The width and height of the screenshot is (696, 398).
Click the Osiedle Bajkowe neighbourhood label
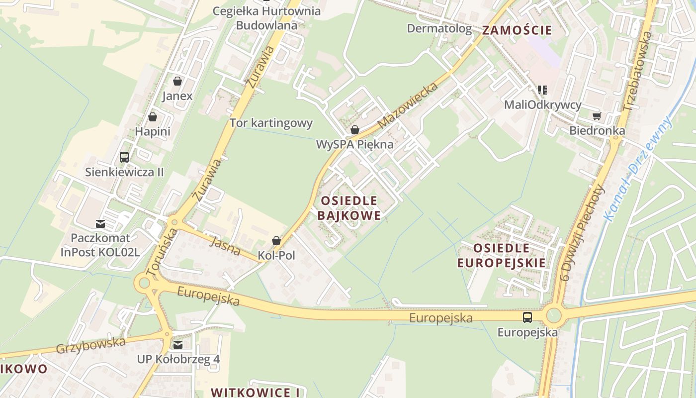pyautogui.click(x=350, y=208)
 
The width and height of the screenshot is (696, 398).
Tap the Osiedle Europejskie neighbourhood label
pyautogui.click(x=501, y=255)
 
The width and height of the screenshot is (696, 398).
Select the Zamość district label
pyautogui.click(x=517, y=30)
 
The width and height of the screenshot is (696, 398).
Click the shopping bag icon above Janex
pyautogui.click(x=177, y=81)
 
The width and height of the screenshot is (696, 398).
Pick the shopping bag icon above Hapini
pyautogui.click(x=153, y=117)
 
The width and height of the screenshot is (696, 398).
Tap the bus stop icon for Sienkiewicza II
pyautogui.click(x=124, y=157)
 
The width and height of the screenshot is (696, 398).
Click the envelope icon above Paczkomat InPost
pyautogui.click(x=100, y=223)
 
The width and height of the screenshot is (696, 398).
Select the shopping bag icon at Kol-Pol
pyautogui.click(x=276, y=241)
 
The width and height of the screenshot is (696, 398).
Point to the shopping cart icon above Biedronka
pyautogui.click(x=597, y=116)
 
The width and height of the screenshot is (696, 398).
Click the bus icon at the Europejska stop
pyautogui.click(x=527, y=317)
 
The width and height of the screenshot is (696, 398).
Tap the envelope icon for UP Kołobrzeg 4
pyautogui.click(x=177, y=344)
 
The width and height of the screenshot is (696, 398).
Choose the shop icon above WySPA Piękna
pyautogui.click(x=354, y=130)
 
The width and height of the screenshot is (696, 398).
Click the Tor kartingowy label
pyautogui.click(x=271, y=123)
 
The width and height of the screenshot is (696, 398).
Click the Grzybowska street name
pyautogui.click(x=90, y=344)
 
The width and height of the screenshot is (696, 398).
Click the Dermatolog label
pyautogui.click(x=439, y=28)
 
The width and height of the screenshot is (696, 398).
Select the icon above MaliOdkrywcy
pyautogui.click(x=542, y=90)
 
